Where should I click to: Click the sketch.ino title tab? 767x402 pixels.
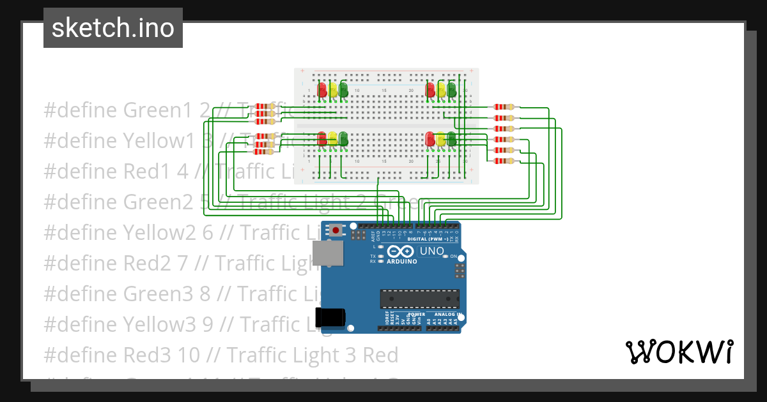click(113, 28)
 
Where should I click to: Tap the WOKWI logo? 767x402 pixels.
click(679, 352)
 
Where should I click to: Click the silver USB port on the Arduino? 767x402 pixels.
click(327, 253)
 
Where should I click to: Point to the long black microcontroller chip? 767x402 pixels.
click(419, 299)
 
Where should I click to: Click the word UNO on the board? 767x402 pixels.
click(432, 251)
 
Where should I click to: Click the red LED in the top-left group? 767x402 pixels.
click(323, 89)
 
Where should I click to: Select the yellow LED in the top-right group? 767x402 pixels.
click(441, 89)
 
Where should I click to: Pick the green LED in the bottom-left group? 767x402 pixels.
click(343, 138)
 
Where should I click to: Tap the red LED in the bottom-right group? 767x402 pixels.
click(430, 138)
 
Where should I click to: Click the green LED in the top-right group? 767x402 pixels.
click(452, 89)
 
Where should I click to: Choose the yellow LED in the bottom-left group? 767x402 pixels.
click(333, 138)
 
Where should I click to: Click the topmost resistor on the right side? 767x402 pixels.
click(504, 107)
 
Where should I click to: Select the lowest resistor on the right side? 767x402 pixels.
click(504, 161)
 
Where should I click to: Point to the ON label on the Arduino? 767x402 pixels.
click(454, 257)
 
